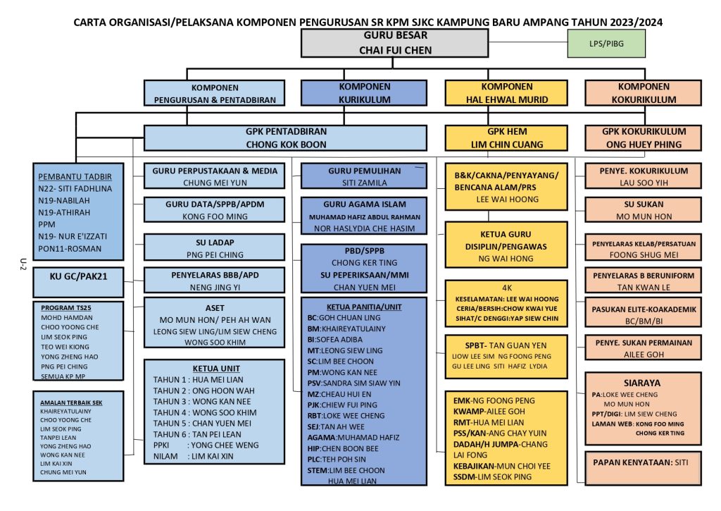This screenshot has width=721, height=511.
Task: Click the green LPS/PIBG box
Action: point(606,44)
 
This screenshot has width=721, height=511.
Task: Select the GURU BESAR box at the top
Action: point(395,42)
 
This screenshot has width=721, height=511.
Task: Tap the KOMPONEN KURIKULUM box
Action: point(364,93)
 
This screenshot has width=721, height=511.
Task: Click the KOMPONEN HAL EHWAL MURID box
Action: point(506,93)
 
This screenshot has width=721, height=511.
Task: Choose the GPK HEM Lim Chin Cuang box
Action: point(506,137)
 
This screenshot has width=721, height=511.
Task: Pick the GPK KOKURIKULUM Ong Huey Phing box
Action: point(643,137)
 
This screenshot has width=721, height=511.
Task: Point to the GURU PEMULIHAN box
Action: point(364,176)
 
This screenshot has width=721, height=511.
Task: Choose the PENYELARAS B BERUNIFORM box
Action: point(643,281)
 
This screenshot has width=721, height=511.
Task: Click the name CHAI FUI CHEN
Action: point(395,50)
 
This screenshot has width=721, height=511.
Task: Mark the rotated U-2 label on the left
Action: point(23,264)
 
